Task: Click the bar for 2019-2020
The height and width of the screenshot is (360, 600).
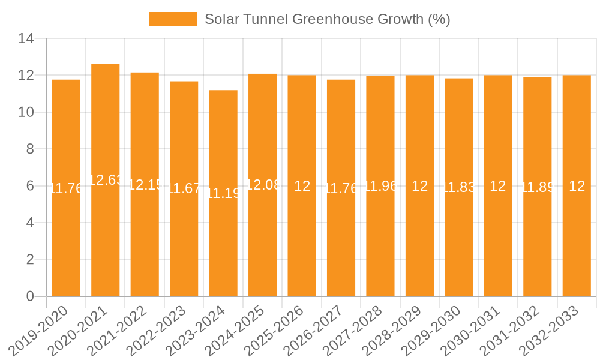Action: click(x=66, y=240)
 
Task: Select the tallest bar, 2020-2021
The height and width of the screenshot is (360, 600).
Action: click(x=106, y=240)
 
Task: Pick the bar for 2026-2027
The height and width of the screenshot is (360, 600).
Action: click(x=341, y=240)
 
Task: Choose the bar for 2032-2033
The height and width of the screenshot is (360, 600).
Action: click(x=577, y=240)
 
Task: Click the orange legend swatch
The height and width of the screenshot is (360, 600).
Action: click(x=173, y=19)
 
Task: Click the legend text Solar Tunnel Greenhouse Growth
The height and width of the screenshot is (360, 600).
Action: click(x=327, y=19)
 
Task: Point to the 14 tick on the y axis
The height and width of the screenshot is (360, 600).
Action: click(x=26, y=39)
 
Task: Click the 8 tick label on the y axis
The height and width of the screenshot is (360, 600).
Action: click(x=30, y=149)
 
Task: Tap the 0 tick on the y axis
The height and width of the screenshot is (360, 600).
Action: click(x=30, y=296)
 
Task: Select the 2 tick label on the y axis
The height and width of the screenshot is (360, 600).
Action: click(x=30, y=260)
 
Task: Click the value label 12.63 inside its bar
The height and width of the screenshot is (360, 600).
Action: click(x=106, y=180)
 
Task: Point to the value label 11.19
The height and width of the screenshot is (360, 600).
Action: click(x=223, y=193)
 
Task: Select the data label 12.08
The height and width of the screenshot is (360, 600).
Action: click(x=263, y=185)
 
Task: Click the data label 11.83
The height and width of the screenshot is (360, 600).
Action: click(x=459, y=187)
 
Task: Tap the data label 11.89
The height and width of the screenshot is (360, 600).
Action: click(x=538, y=187)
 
